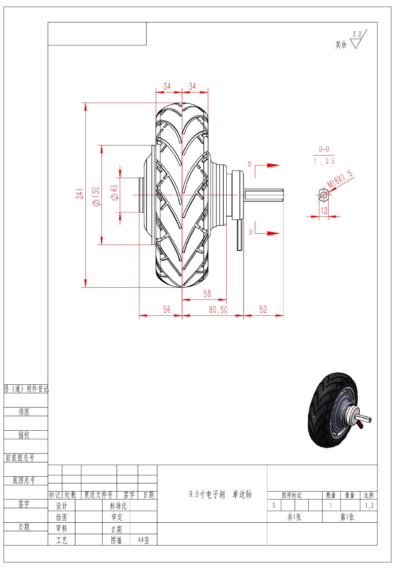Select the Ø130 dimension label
coord(96,197)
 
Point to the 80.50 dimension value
coord(218,310)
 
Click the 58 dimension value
coord(207,294)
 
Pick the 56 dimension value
coord(167,309)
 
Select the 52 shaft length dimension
coord(263,309)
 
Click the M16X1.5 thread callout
coord(340,180)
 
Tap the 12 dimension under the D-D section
coord(324,210)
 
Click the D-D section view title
coord(324,149)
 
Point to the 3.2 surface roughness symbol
coord(358,39)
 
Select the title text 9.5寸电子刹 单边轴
coord(221,495)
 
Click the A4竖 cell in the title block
coord(144,541)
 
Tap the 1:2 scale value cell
coord(369,506)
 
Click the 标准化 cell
coord(118,506)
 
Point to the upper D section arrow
coord(267,165)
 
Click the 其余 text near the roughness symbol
coord(341,45)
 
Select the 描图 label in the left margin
coord(24,412)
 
